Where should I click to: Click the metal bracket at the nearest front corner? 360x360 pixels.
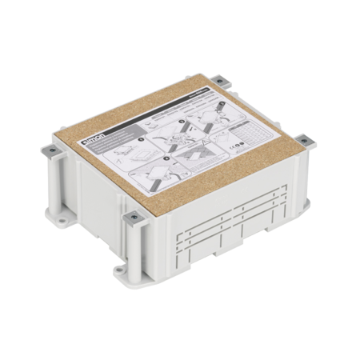133,216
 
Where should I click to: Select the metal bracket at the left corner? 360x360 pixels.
46,149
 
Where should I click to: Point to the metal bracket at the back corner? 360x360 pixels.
218,80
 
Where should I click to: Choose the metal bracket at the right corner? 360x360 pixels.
305,142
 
